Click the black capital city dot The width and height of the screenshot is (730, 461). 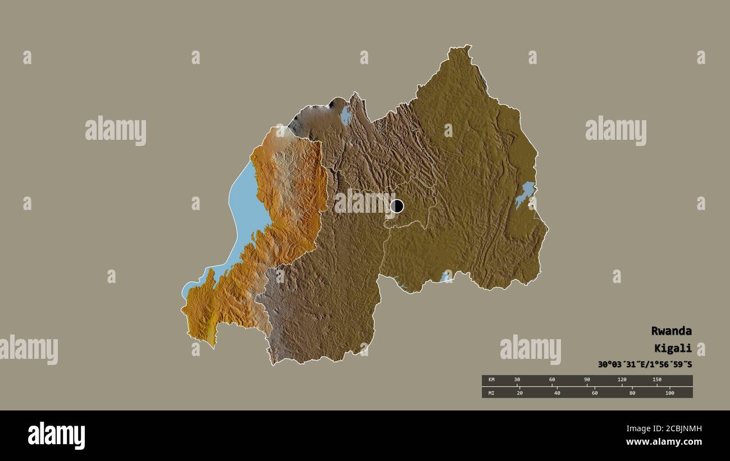coord(396,206)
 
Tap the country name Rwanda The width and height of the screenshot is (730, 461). coord(671,331)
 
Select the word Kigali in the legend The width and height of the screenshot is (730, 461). coord(673,348)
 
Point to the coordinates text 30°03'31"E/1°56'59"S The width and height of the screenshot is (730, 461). coord(645,364)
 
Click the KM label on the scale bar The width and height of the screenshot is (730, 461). coord(491,380)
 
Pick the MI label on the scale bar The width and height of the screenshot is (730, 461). coord(491,392)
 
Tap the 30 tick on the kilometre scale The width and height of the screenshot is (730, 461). coord(517,380)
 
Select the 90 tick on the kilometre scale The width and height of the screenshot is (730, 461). coord(587,380)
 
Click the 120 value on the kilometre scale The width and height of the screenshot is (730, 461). coord(622,380)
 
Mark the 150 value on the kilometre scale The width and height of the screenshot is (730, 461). coord(656,380)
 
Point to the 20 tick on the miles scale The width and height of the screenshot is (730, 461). coord(519,392)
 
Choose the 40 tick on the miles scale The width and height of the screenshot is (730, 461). coord(557,392)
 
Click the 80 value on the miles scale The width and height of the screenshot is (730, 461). coord(632,392)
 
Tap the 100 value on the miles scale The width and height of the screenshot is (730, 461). coord(669,392)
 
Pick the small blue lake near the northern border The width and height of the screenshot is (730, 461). coord(346,116)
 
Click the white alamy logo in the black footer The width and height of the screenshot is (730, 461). coord(57,436)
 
